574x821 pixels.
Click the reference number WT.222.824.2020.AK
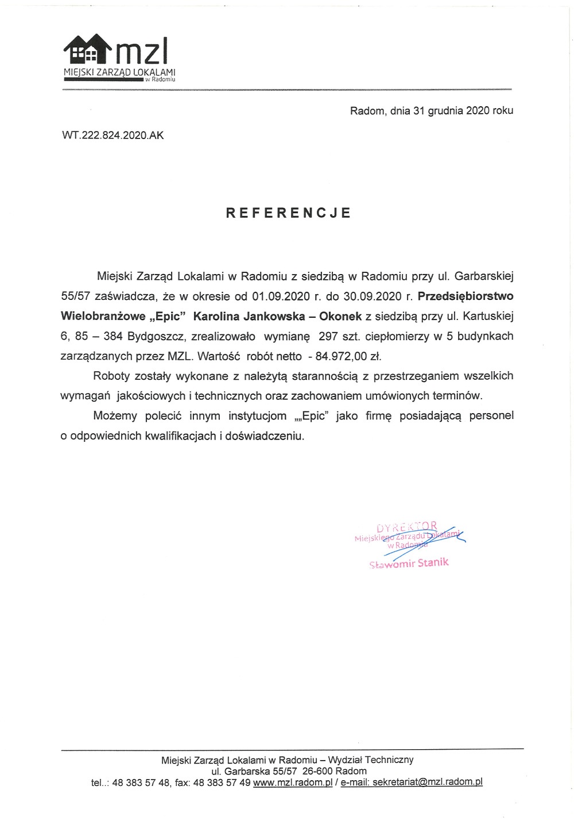[113, 136]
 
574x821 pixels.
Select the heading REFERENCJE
[288, 213]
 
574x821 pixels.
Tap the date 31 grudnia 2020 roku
[463, 110]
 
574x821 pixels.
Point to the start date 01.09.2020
[277, 296]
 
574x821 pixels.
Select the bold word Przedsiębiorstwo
[466, 296]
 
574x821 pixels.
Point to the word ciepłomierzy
[397, 336]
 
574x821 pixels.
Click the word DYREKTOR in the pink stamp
[406, 527]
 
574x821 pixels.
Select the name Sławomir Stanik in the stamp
[409, 563]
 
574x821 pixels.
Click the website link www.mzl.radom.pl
[293, 782]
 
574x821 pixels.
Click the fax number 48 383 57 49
[222, 782]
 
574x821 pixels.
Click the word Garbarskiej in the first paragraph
[484, 276]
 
